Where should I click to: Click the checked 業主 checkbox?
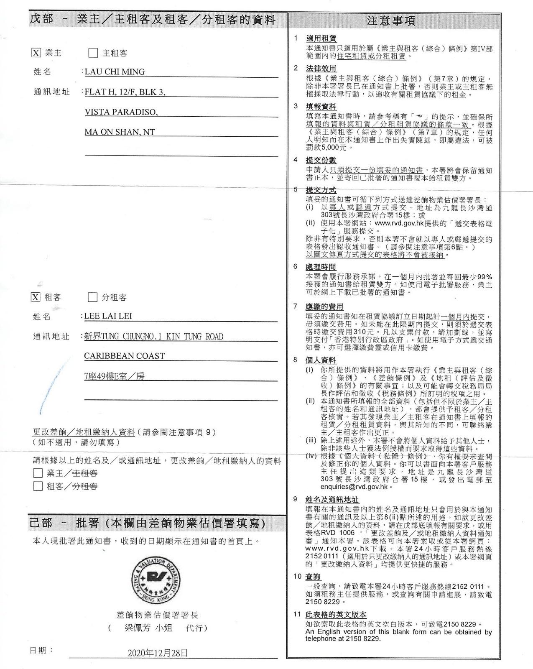pyautogui.click(x=36, y=53)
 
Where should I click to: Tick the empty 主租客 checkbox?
pyautogui.click(x=93, y=53)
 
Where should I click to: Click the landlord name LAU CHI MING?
pyautogui.click(x=115, y=71)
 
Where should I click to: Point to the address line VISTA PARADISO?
pyautogui.click(x=121, y=112)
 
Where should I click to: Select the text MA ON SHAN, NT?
pyautogui.click(x=120, y=132)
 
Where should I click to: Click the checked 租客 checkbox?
pyautogui.click(x=36, y=297)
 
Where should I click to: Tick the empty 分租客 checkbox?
pyautogui.click(x=92, y=297)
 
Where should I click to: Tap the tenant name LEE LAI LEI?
pyautogui.click(x=108, y=316)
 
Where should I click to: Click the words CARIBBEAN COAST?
pyautogui.click(x=124, y=356)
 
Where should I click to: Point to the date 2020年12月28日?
pyautogui.click(x=158, y=653)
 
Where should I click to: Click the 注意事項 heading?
pyautogui.click(x=391, y=20)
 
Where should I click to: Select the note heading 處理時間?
pyautogui.click(x=321, y=267)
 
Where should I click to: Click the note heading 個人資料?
pyautogui.click(x=321, y=360)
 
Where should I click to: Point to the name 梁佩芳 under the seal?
pyautogui.click(x=138, y=628)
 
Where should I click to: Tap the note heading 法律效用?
pyautogui.click(x=321, y=68)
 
